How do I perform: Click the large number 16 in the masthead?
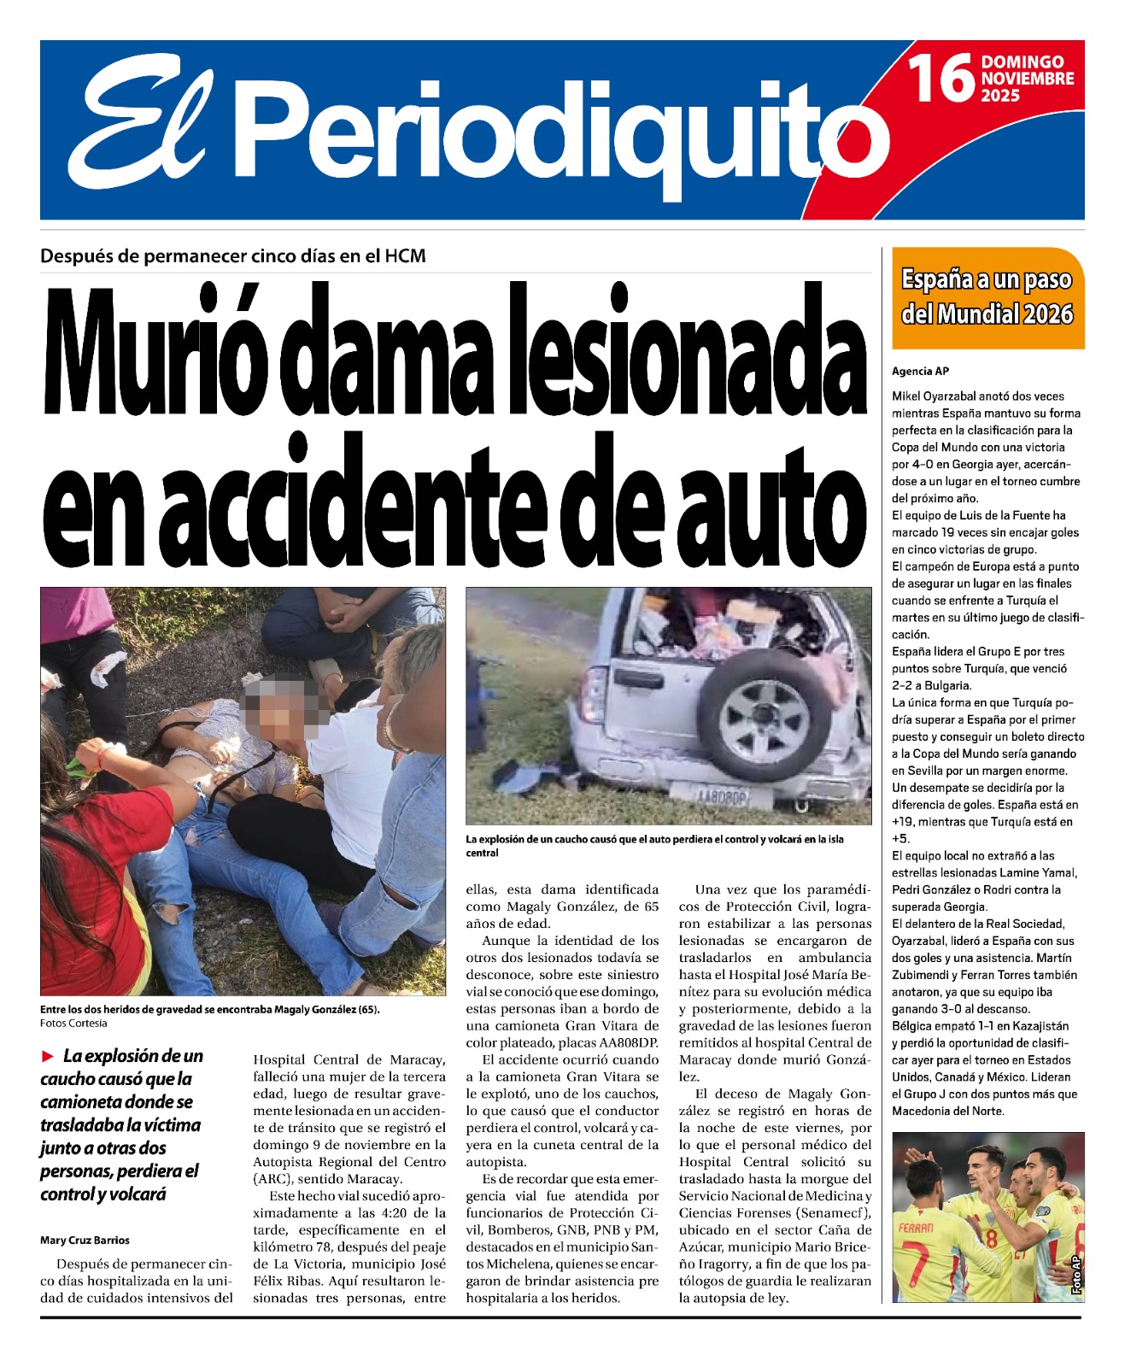tap(941, 78)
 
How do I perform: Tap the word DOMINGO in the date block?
tap(1022, 62)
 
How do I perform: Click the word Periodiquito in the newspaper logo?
tap(564, 128)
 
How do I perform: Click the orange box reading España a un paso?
tap(987, 297)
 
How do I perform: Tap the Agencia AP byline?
tap(920, 372)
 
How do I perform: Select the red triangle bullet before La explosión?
tap(48, 1057)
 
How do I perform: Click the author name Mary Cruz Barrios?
tap(85, 1241)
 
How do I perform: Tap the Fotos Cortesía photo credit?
tap(73, 1024)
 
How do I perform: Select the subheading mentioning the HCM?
tap(232, 256)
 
